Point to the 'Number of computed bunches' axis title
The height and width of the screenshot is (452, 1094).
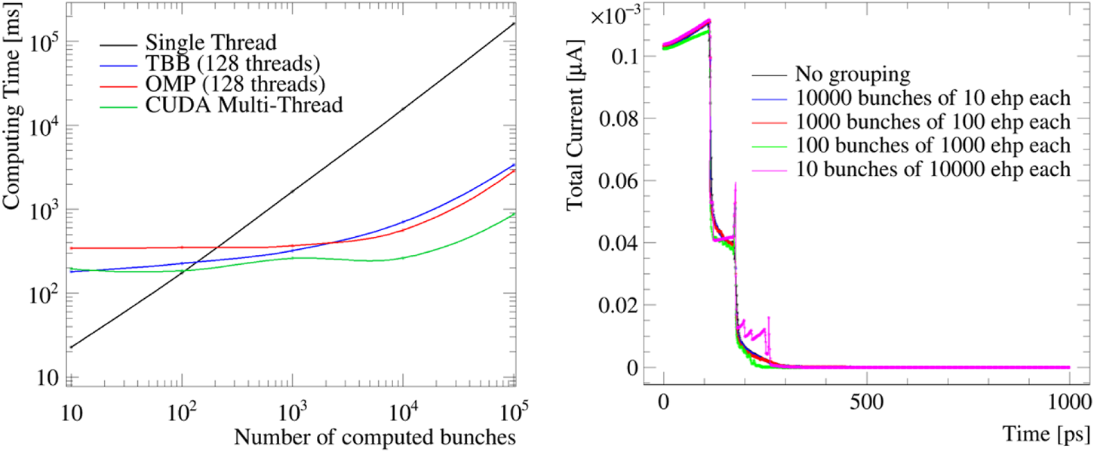375,435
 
